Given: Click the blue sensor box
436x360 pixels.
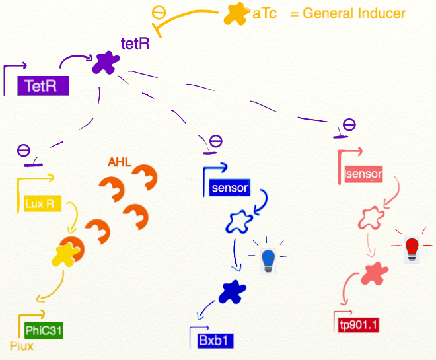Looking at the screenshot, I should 229,188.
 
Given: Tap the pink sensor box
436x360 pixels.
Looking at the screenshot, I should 363,174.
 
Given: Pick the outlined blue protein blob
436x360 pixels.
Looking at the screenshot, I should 238,221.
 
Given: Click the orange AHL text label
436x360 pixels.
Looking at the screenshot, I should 120,162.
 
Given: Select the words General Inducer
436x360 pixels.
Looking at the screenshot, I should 354,13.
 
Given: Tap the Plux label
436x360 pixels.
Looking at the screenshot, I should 21,345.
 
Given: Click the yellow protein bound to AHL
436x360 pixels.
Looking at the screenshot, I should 65,254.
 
